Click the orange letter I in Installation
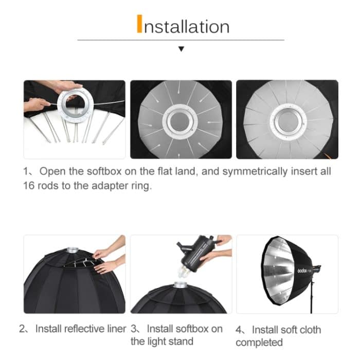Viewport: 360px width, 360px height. [139, 24]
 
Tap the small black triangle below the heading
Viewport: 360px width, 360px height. [181, 49]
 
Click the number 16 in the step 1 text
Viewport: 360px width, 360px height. [29, 186]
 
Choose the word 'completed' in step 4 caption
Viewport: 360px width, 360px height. [259, 343]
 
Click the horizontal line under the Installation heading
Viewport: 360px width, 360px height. [181, 40]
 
